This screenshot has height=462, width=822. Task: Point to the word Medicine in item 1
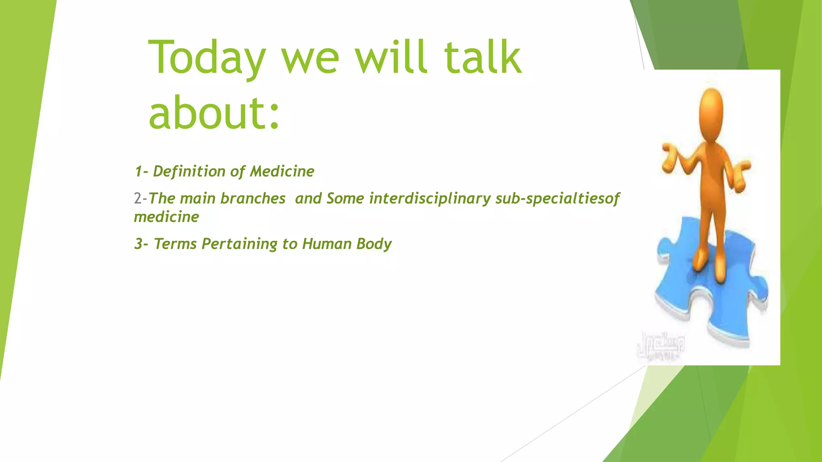click(282, 171)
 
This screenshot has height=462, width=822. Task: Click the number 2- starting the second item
click(140, 199)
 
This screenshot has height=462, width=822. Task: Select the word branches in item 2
click(252, 199)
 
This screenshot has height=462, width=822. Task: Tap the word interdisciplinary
click(429, 199)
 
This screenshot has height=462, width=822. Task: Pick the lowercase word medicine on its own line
click(166, 217)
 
